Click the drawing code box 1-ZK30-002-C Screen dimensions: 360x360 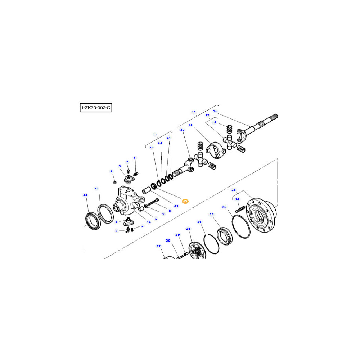[96, 108]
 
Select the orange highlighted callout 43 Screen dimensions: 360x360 [185, 201]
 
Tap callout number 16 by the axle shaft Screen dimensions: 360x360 [215, 111]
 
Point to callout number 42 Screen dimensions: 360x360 [176, 206]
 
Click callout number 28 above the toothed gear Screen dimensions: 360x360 [188, 229]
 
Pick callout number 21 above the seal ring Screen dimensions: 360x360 [96, 189]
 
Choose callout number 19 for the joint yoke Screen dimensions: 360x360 [190, 125]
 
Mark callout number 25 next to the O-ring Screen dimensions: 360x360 [224, 207]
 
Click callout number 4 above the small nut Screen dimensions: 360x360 [111, 171]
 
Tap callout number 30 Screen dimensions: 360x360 [168, 240]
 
